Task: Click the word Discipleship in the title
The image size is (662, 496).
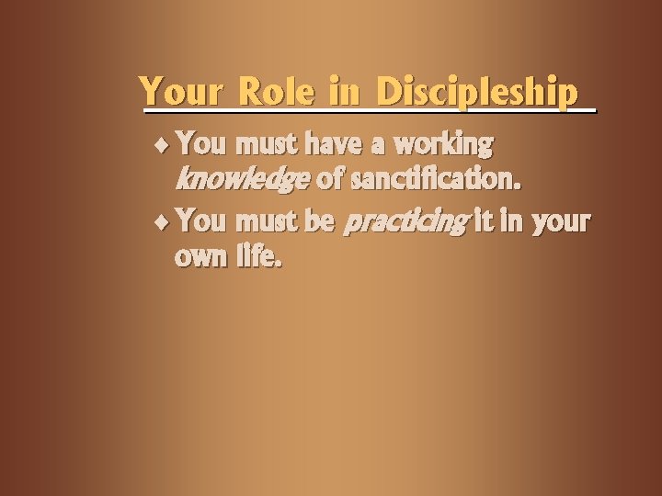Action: [x=478, y=93]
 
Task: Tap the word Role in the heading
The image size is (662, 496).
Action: [x=273, y=93]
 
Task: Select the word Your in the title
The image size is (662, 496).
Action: [x=182, y=93]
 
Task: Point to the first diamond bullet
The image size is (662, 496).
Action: [x=164, y=145]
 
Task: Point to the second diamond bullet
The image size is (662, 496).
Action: [x=164, y=222]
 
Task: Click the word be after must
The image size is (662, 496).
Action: [x=322, y=221]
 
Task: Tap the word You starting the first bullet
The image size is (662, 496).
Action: [x=201, y=144]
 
